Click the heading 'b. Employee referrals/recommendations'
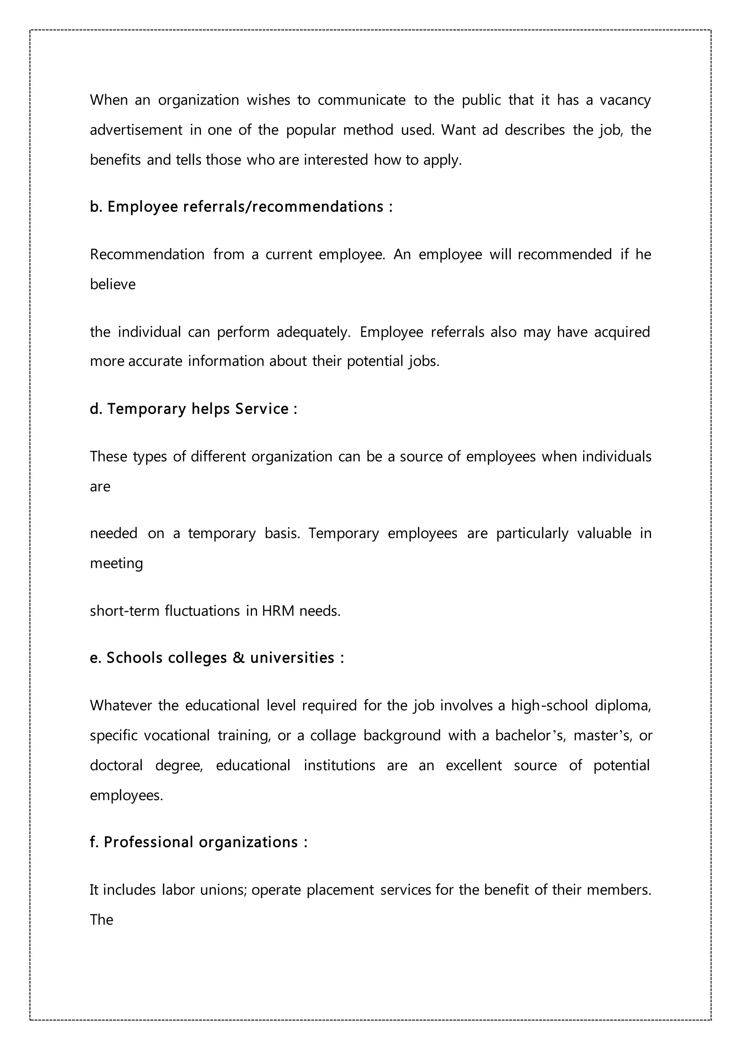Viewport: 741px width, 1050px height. coord(241,207)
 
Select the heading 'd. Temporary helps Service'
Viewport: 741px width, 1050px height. coord(193,409)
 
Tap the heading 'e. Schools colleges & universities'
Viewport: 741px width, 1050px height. coord(217,658)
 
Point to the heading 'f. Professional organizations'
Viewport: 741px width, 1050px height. coord(198,842)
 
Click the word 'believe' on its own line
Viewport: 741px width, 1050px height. coord(113,285)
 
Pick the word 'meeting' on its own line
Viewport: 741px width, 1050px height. coord(116,563)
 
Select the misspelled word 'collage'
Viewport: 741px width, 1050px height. coord(333,735)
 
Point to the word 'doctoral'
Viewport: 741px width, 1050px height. coord(116,765)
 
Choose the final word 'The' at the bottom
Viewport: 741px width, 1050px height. coord(101,920)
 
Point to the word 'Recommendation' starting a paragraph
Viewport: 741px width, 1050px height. coord(147,254)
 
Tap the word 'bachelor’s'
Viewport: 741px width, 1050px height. coord(530,735)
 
